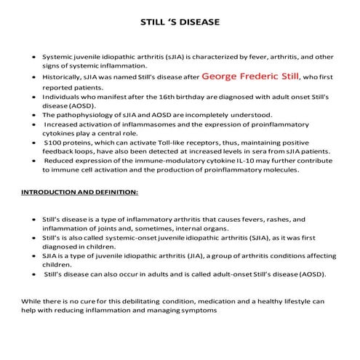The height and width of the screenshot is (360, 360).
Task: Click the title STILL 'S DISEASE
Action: click(x=180, y=23)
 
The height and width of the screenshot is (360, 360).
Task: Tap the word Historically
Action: click(x=62, y=76)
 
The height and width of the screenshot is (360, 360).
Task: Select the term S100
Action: click(x=52, y=143)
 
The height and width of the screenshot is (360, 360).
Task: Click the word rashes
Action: click(x=278, y=219)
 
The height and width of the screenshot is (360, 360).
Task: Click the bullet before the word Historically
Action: click(x=35, y=76)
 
